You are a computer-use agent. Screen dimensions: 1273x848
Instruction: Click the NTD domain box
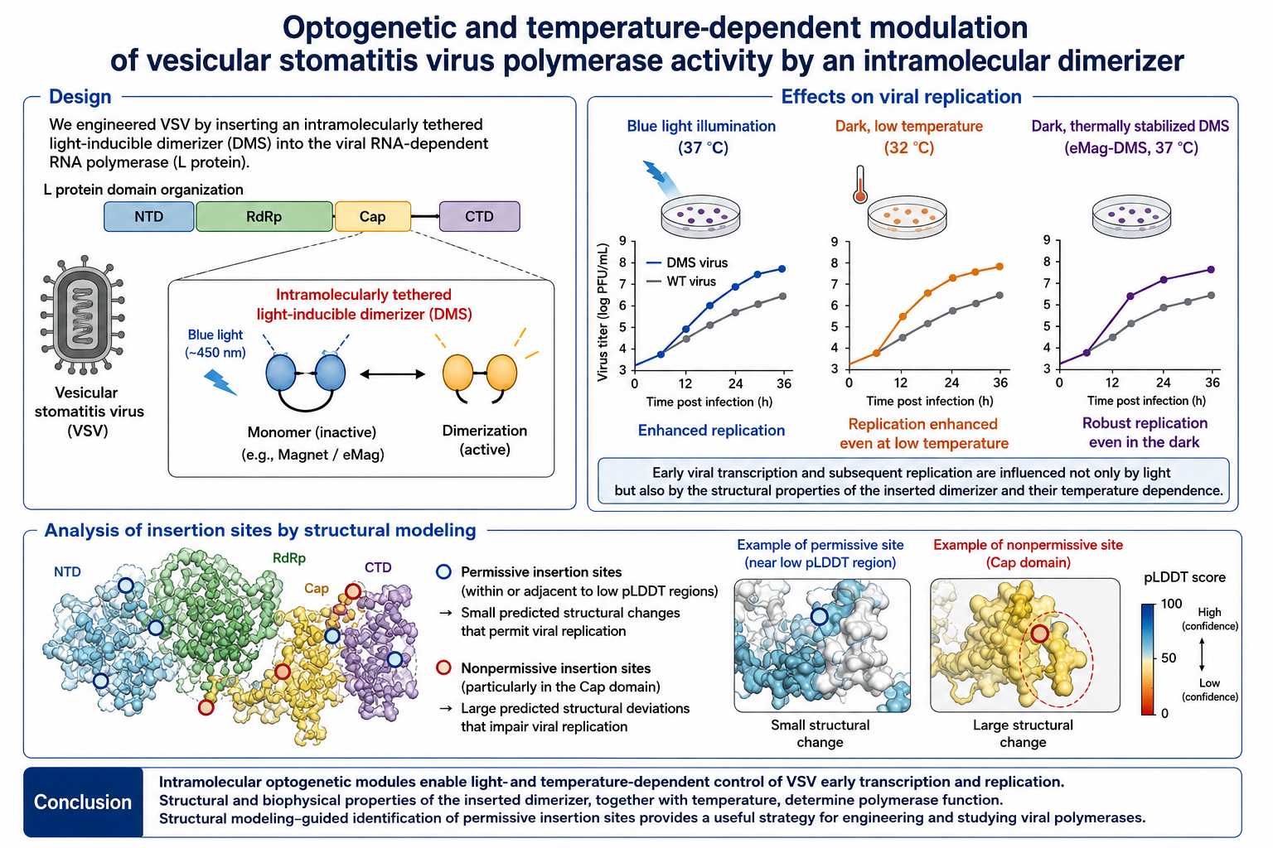(x=149, y=216)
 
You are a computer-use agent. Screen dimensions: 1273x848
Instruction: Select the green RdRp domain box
(x=264, y=216)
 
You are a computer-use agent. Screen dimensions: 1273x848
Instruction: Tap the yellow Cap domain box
(x=373, y=216)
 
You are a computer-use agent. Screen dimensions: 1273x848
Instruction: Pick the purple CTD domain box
(x=480, y=216)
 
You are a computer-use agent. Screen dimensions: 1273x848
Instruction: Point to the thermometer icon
(x=860, y=184)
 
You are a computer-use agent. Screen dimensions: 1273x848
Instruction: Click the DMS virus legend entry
(x=687, y=263)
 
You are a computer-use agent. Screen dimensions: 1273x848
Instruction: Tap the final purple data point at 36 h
(x=1211, y=270)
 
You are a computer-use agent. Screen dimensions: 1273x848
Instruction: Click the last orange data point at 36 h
(x=1000, y=267)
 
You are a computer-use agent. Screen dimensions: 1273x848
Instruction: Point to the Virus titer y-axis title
(x=603, y=312)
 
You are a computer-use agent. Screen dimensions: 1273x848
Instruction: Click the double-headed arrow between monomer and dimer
(x=393, y=373)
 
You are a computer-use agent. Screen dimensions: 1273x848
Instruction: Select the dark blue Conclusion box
(x=83, y=802)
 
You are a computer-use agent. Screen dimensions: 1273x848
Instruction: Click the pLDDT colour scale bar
(x=1148, y=659)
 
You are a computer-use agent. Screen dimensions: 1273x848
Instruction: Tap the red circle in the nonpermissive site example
(x=1039, y=634)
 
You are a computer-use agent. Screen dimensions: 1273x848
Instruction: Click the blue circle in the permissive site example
(x=819, y=616)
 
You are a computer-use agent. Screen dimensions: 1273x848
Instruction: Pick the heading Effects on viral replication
(x=902, y=97)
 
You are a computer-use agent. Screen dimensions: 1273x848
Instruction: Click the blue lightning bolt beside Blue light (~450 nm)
(x=220, y=382)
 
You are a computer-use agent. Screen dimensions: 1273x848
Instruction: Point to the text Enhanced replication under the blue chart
(x=711, y=431)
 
